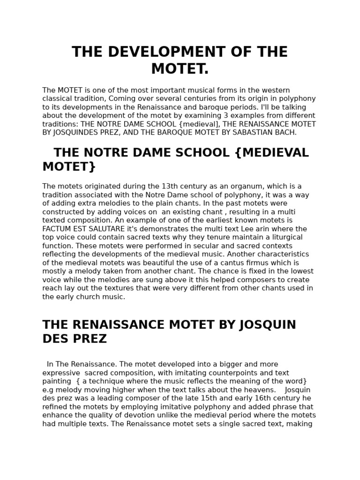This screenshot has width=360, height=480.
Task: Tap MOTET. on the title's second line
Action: tap(180, 69)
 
